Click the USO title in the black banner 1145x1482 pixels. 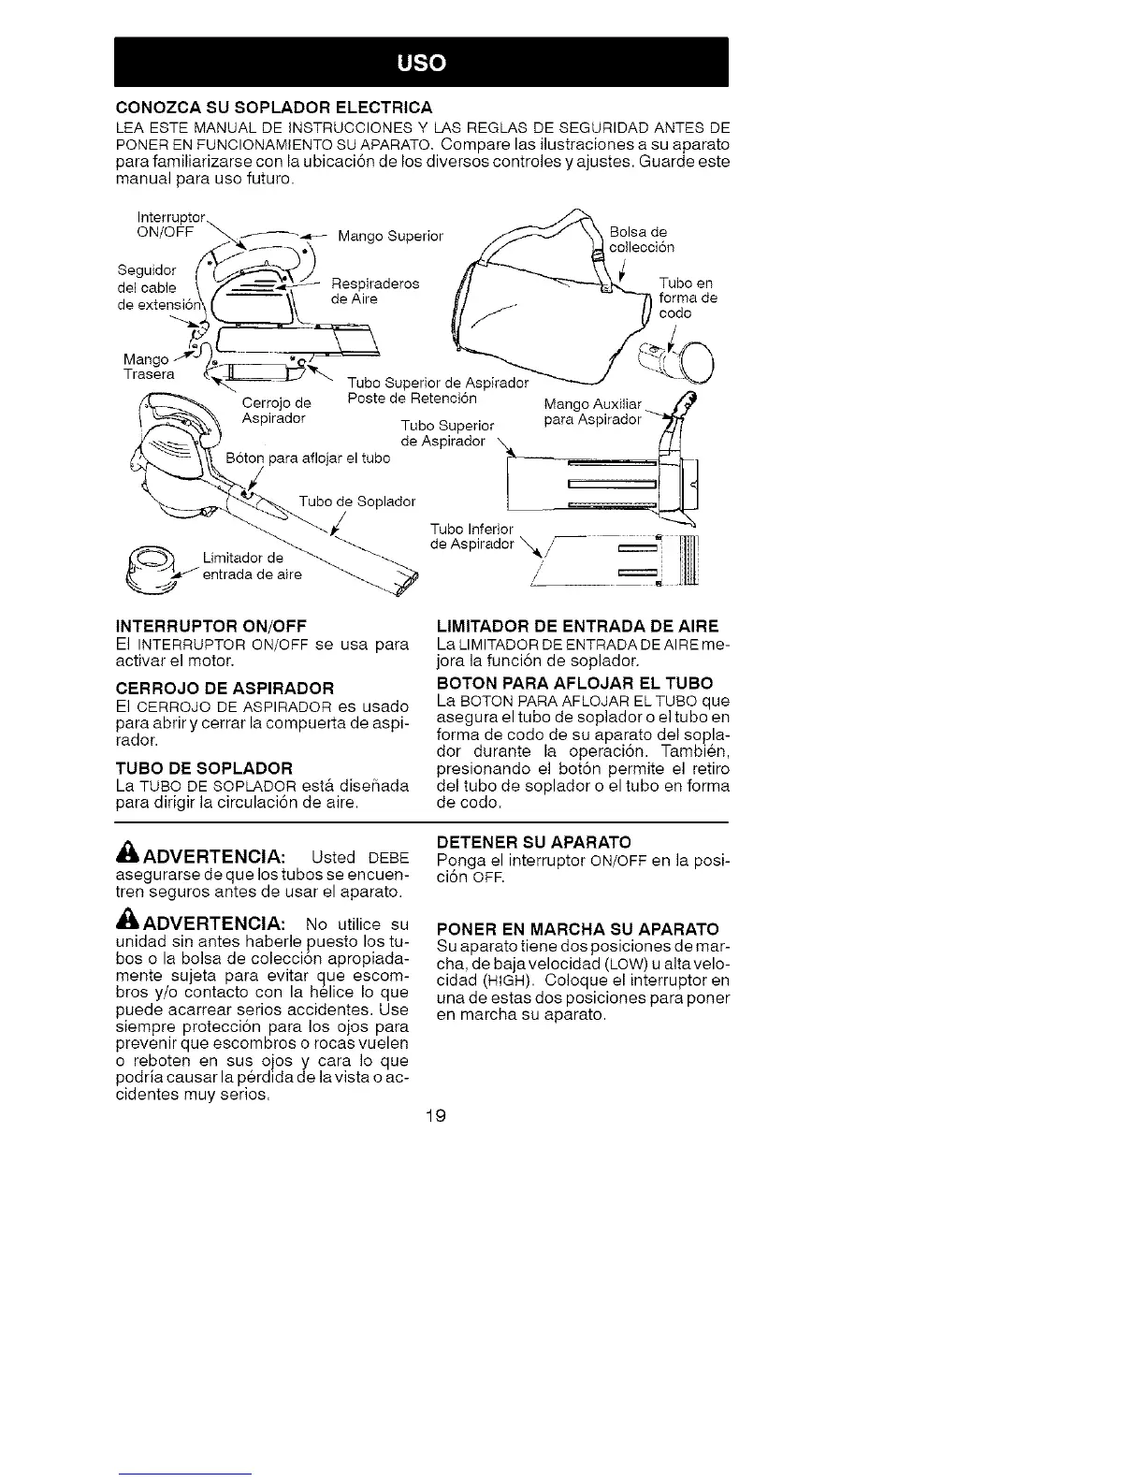[x=421, y=63]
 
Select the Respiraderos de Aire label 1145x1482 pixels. [x=375, y=291]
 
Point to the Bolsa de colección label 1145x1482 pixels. [x=641, y=240]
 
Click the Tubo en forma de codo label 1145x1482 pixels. [x=688, y=298]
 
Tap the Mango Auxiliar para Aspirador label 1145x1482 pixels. [x=592, y=412]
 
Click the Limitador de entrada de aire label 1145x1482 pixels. [x=252, y=567]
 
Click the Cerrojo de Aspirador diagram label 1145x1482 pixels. [x=275, y=411]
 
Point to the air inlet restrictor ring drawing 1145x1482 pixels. [x=153, y=571]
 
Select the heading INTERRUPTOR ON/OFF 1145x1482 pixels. [x=210, y=625]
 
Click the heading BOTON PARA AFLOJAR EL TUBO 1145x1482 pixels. [x=574, y=683]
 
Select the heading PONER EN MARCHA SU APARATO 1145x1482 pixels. [x=578, y=929]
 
